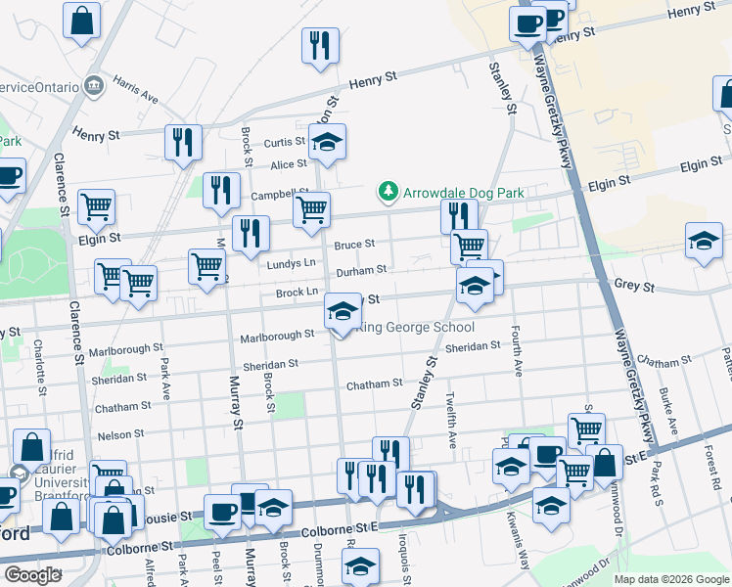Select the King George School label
(419, 328)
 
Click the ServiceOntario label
(39, 86)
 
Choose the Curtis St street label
(286, 143)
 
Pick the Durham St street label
(361, 269)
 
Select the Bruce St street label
(354, 245)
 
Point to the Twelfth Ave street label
(451, 422)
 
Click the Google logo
(32, 574)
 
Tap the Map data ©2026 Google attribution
(670, 579)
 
